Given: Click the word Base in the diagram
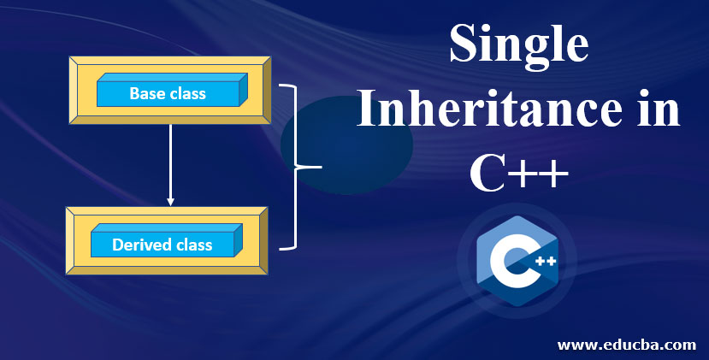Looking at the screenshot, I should point(147,93).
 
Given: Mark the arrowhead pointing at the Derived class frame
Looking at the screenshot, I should point(171,202).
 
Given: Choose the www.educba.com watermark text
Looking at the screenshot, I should point(626,345).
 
